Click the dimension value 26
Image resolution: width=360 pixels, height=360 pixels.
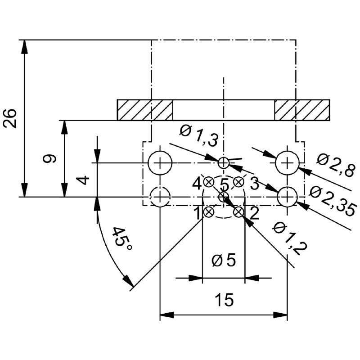tap(11, 118)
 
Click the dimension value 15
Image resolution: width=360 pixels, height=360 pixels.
tap(224, 300)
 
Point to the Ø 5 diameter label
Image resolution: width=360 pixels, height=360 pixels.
tap(224, 261)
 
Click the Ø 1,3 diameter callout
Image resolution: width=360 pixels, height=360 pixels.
tap(198, 135)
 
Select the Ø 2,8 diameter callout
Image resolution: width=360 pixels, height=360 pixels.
tap(335, 165)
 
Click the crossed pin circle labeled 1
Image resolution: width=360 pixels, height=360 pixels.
tap(209, 212)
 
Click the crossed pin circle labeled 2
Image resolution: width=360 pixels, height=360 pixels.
tap(238, 212)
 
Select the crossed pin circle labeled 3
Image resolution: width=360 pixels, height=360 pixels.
tap(238, 182)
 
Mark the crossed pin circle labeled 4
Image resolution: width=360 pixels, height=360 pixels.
tap(209, 182)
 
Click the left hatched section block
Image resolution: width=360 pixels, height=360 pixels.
tap(145, 110)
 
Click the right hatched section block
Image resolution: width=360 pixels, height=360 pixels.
tap(302, 110)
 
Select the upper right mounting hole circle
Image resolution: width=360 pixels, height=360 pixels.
tap(287, 162)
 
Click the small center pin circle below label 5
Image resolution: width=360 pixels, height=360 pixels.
tap(224, 197)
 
